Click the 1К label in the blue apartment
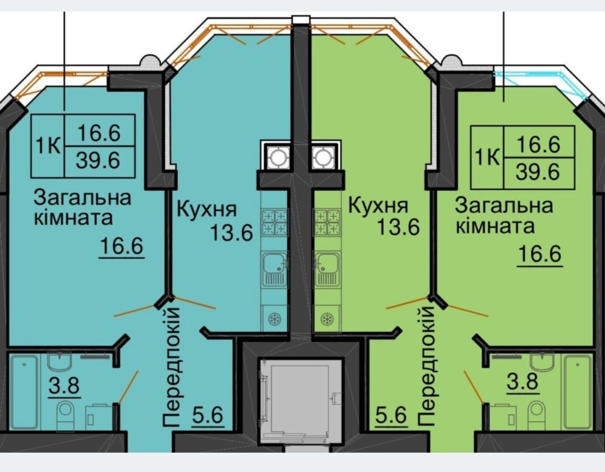48,146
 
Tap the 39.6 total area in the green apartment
538,172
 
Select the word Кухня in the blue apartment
206,209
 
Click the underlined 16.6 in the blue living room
122,246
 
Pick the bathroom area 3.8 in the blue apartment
65,386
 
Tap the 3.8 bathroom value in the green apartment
522,383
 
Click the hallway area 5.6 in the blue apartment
208,416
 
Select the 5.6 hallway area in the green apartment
391,416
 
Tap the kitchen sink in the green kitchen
327,270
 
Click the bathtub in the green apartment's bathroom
578,392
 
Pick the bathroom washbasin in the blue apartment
59,362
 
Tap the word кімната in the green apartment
495,226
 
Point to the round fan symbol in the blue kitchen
275,319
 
